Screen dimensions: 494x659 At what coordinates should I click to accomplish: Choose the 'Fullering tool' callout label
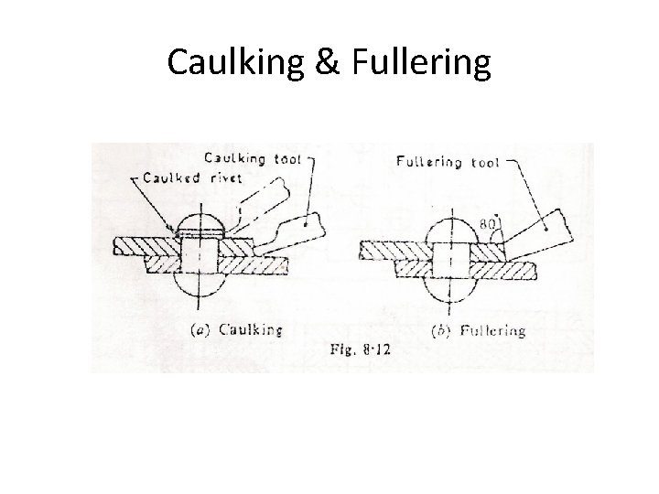[x=448, y=163]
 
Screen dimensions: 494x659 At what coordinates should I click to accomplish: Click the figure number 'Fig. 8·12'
[x=356, y=349]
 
